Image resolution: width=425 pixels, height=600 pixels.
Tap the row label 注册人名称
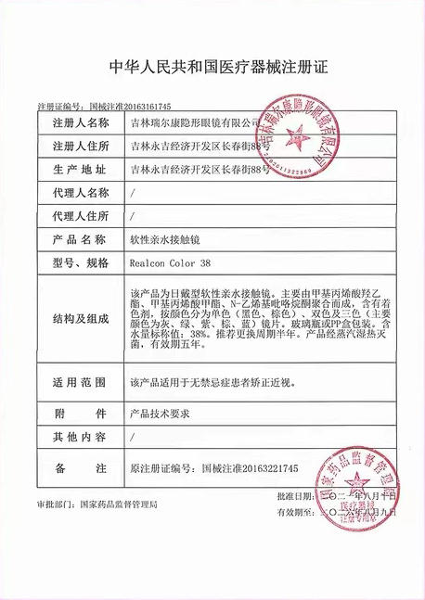pyautogui.click(x=81, y=122)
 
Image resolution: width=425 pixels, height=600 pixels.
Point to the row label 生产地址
pyautogui.click(x=81, y=170)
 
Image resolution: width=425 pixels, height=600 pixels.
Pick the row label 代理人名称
pyautogui.click(x=81, y=193)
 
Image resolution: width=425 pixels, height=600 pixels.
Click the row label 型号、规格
pyautogui.click(x=81, y=262)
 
